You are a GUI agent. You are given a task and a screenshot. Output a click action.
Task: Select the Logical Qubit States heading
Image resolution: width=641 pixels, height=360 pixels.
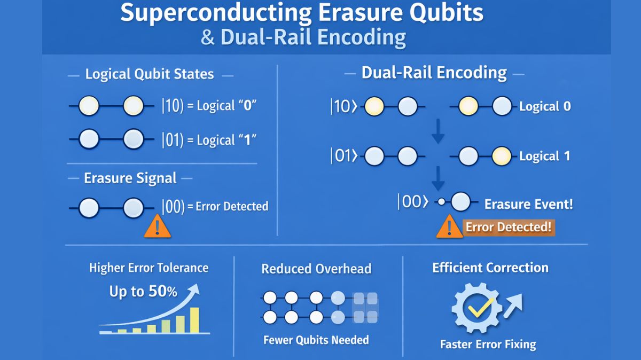(150, 74)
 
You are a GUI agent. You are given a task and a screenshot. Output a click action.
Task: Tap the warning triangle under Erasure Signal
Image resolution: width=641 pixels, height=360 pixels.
(158, 227)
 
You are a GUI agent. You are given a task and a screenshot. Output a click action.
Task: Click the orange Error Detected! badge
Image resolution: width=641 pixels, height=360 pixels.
(508, 227)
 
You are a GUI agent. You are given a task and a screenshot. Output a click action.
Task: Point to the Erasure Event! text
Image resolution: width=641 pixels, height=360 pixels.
(528, 204)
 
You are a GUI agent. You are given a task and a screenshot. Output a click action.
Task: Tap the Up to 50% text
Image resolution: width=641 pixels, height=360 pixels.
(143, 292)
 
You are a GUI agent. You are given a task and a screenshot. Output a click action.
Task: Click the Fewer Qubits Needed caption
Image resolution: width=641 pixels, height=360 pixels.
(316, 340)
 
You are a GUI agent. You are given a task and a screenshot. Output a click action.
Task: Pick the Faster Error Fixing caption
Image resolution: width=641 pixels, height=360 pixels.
(488, 344)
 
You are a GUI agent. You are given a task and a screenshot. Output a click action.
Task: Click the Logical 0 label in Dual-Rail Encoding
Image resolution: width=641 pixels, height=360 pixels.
(545, 106)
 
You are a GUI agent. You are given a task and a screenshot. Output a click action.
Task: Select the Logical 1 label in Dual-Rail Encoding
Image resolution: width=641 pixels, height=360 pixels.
(545, 156)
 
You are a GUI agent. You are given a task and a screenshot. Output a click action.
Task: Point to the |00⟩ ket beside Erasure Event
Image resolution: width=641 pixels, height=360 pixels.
(412, 203)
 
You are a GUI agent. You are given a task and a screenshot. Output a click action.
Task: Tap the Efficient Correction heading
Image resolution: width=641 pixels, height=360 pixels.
(490, 268)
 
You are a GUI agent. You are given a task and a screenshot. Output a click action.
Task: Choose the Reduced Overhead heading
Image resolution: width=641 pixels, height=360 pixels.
(316, 269)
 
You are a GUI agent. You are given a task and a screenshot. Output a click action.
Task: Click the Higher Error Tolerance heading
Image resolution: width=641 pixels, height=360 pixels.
(148, 268)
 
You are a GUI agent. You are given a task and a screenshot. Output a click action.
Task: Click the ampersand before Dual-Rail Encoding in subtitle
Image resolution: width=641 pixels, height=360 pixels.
(207, 38)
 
